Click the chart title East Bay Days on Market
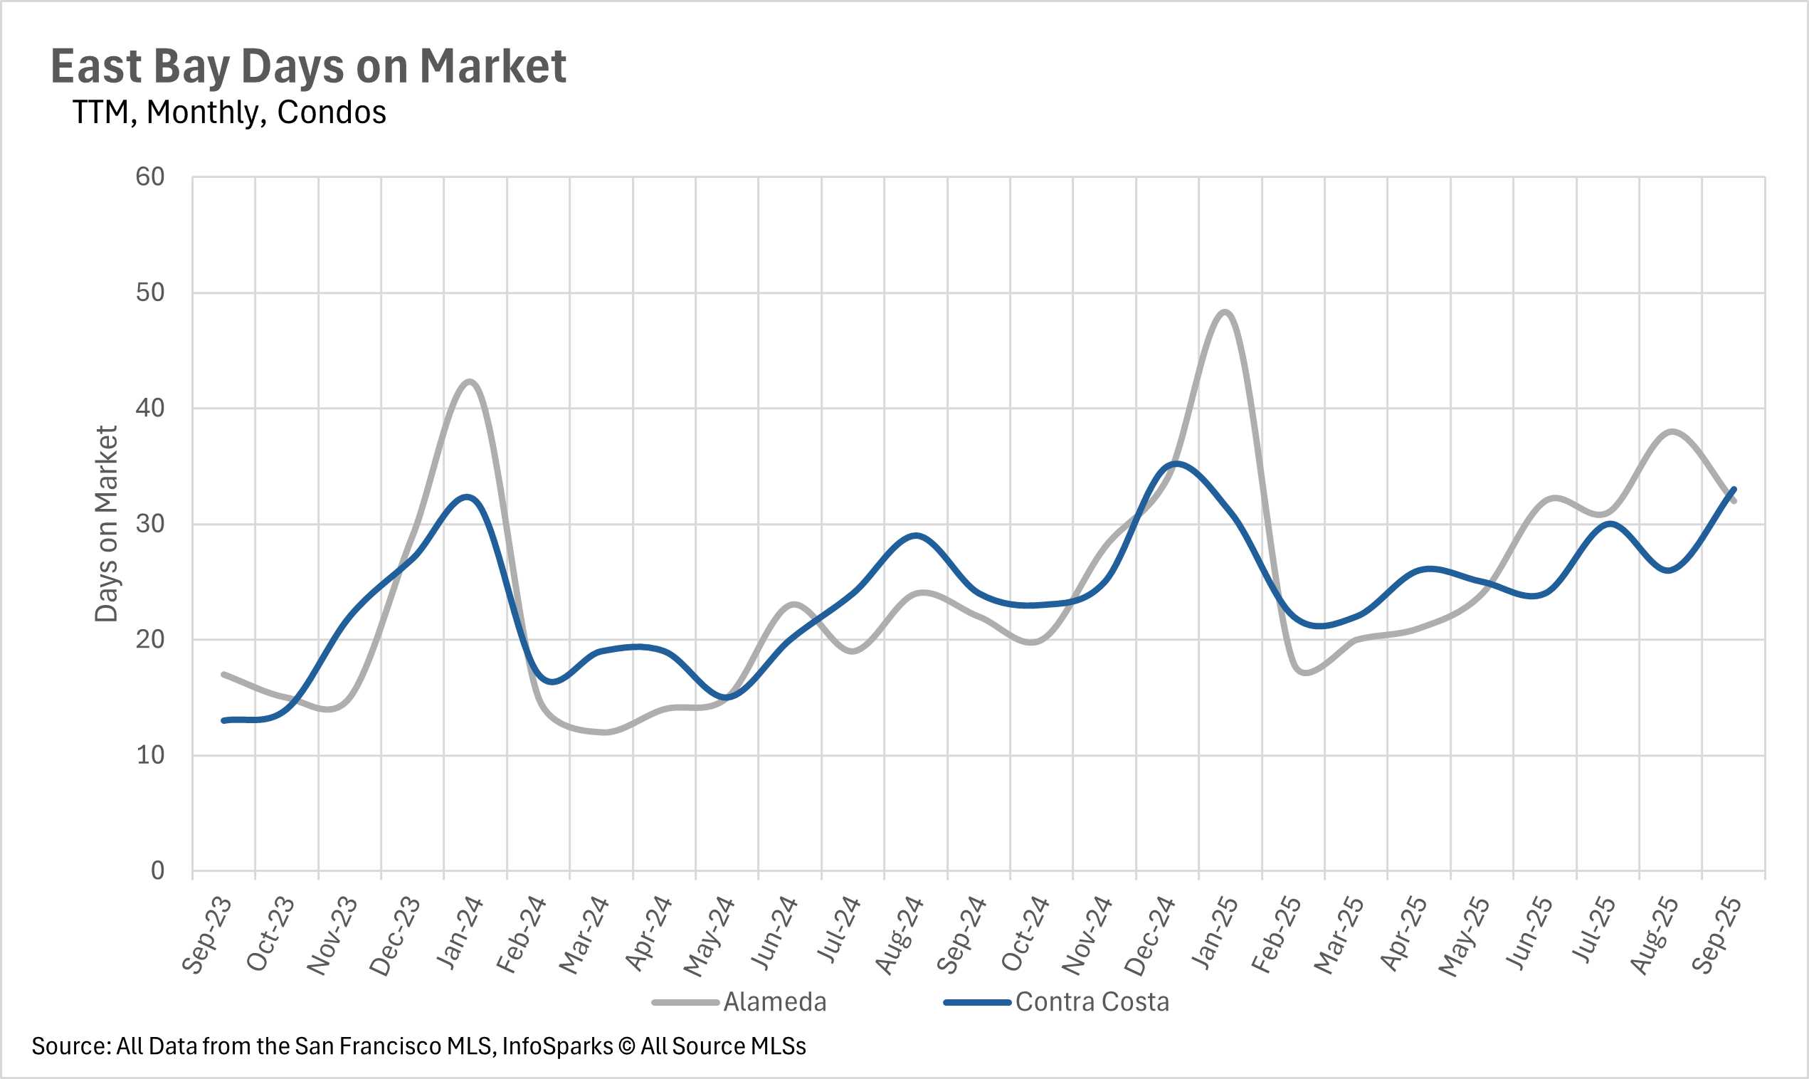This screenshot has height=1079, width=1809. coord(308,67)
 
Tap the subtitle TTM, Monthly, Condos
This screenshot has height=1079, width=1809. coord(229,112)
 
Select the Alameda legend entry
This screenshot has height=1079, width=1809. coord(774,1002)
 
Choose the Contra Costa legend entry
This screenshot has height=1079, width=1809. coord(1092,1002)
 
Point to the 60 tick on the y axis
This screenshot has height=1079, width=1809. coord(150,177)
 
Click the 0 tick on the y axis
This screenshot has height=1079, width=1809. coord(158,870)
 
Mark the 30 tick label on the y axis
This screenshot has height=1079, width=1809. coord(150,524)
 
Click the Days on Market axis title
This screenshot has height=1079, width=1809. coord(106,524)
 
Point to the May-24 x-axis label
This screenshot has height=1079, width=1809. coord(710,936)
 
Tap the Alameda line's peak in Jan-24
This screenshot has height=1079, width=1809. coord(470,381)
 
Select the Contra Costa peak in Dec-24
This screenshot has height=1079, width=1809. coord(1176,463)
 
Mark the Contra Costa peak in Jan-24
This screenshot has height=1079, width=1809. coord(468,497)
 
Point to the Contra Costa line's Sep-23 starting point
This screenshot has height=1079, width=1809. coord(224,720)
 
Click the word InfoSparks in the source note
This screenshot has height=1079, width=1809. coord(557,1046)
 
